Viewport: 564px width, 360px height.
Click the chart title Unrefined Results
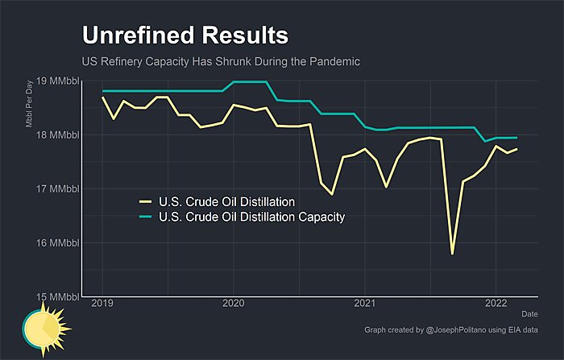(x=185, y=35)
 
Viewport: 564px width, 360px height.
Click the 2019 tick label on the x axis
(x=102, y=304)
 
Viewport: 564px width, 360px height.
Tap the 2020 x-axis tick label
(x=234, y=304)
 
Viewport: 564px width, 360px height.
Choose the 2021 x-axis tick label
(x=365, y=304)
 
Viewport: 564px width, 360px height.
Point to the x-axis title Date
(x=529, y=313)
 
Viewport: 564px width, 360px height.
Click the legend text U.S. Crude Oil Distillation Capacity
(x=252, y=217)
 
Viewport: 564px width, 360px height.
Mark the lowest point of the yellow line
(x=453, y=254)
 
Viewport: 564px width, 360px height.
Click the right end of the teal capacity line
(x=516, y=138)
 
